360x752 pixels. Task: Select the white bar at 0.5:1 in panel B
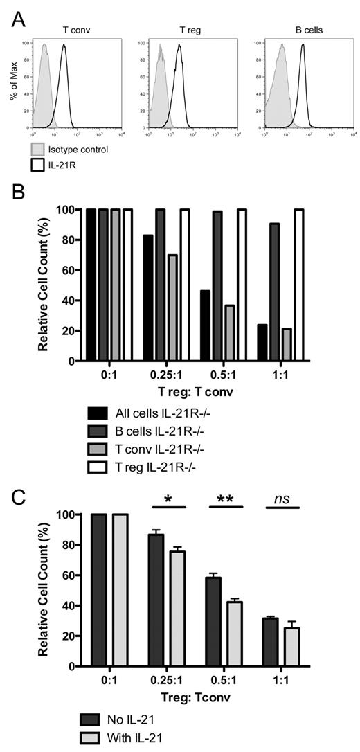[x=242, y=285]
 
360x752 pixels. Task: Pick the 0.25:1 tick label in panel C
[x=168, y=681]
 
